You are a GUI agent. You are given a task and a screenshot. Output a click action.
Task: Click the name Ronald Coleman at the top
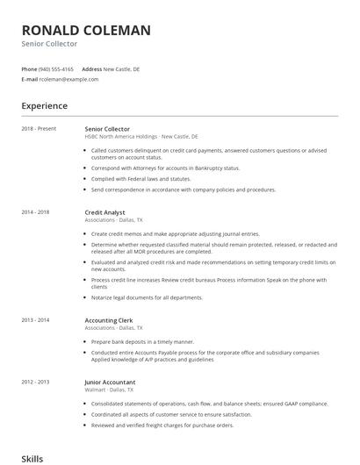(x=86, y=30)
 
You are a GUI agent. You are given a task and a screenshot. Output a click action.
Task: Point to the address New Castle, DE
(x=121, y=68)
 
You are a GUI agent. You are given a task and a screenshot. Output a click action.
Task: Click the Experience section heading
(x=45, y=106)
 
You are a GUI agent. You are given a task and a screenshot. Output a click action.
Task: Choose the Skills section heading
(x=33, y=457)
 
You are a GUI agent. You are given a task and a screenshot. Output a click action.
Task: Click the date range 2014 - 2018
(x=36, y=212)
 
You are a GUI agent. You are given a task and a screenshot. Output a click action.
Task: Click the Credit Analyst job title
(x=104, y=212)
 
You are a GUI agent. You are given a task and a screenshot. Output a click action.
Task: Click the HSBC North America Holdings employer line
(x=140, y=137)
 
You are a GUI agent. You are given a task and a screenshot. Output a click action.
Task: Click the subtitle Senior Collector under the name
(x=49, y=44)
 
